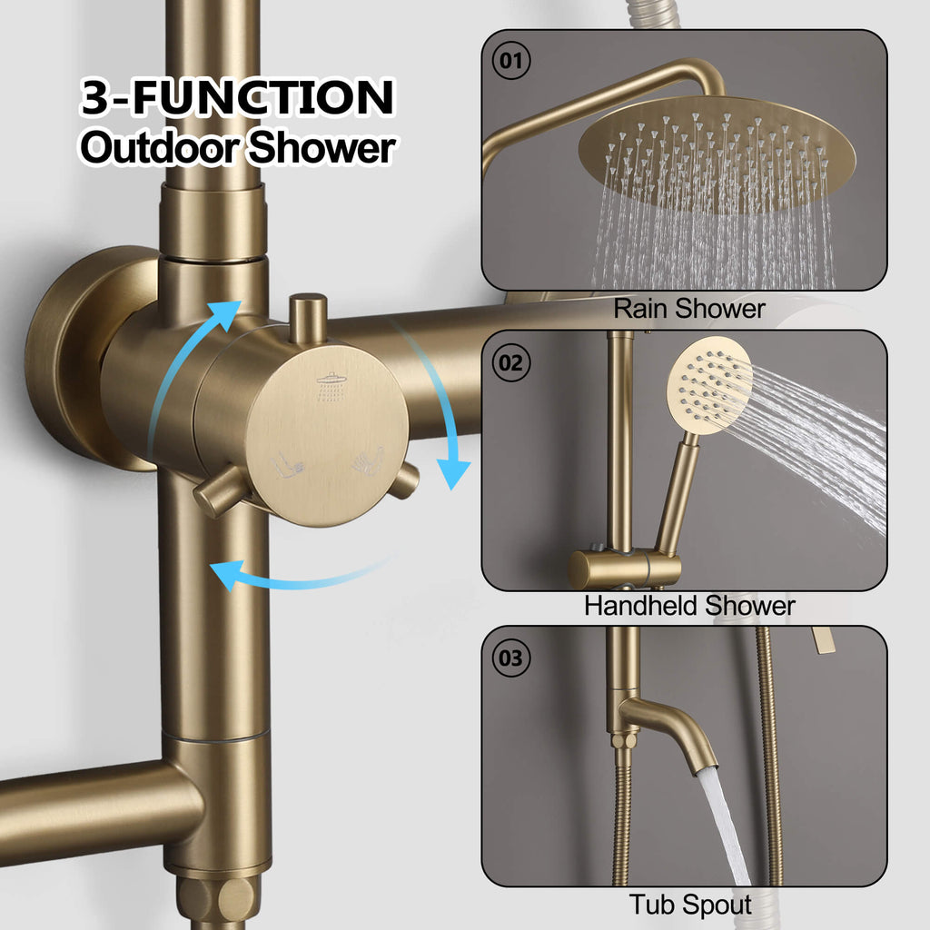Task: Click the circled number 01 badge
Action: (x=510, y=61)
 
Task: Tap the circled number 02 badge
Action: (x=510, y=362)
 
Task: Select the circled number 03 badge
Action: (x=510, y=658)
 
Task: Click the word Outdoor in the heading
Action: (x=160, y=147)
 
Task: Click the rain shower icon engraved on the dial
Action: (x=331, y=386)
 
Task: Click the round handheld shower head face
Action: (x=709, y=385)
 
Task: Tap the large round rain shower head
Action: (x=717, y=153)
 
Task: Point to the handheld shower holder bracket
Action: (x=625, y=568)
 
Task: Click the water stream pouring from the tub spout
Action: (x=724, y=825)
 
